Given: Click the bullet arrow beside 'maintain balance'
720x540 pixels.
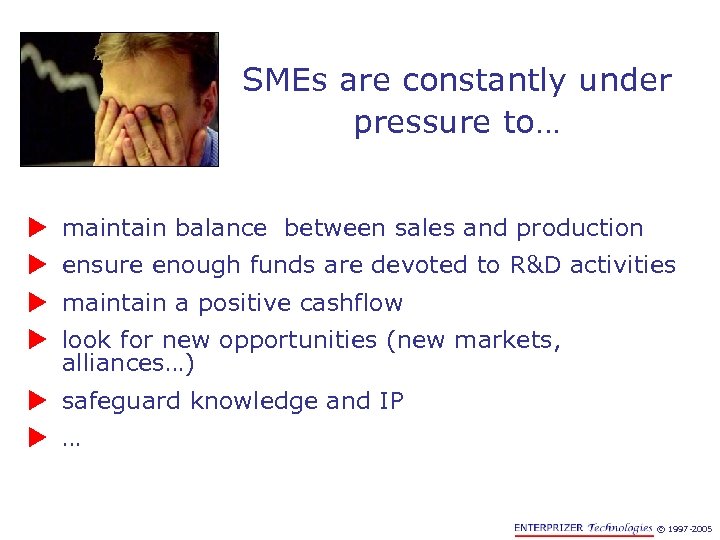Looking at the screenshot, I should (38, 229).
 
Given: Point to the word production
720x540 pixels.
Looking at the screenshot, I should (579, 229).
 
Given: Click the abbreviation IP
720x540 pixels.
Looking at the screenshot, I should (391, 402).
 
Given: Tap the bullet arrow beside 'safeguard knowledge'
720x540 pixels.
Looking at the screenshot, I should (38, 402).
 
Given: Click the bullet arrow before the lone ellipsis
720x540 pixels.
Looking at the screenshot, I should (38, 438).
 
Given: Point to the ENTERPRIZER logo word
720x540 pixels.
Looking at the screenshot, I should (548, 527).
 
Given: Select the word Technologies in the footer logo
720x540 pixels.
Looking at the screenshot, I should (620, 527).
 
